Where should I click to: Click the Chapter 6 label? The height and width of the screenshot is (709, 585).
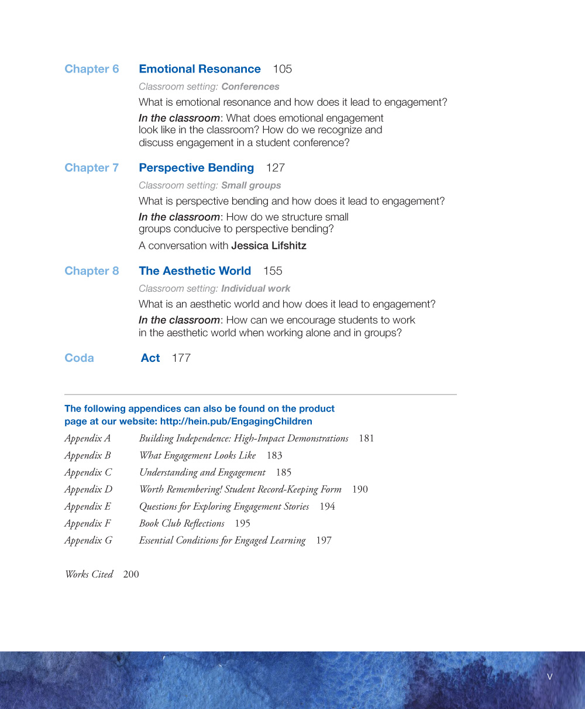point(91,69)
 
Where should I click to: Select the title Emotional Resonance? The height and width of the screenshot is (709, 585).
point(199,69)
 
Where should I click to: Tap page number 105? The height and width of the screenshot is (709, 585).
point(282,69)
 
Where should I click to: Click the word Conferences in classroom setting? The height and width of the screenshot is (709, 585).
point(250,87)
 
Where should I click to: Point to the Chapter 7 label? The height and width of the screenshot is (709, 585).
point(91,168)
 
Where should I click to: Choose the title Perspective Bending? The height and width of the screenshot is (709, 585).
point(196,168)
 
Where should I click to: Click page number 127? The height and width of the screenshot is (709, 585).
point(275,168)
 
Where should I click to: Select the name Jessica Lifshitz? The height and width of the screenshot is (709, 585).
point(269,245)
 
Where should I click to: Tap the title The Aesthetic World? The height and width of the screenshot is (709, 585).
point(195,271)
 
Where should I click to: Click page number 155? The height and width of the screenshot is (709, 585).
point(273,271)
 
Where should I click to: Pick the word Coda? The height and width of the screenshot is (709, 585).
point(79,358)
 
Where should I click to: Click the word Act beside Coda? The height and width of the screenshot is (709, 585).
point(150,358)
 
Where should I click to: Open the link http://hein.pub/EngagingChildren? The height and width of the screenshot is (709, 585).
point(236,421)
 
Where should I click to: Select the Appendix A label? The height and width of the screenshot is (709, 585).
point(87,438)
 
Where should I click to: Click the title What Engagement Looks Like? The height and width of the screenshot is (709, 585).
point(197,455)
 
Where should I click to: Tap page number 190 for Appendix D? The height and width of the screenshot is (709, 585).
point(360,489)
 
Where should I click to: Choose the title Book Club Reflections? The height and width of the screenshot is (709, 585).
point(181,523)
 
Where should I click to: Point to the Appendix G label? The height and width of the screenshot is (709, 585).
point(88,540)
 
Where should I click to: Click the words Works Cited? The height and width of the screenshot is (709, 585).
point(89,574)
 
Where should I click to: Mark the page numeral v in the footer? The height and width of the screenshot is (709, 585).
point(549,677)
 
